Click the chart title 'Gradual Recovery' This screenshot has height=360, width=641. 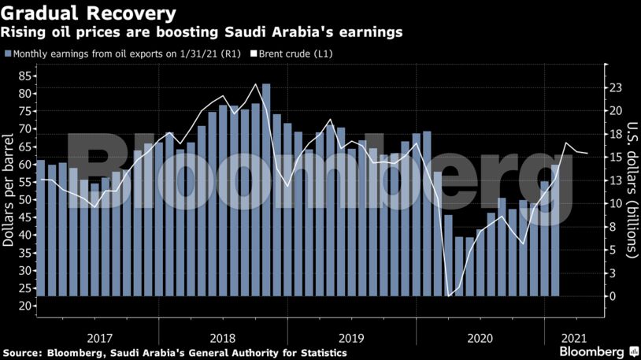[x=87, y=13]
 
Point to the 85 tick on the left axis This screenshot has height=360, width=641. [x=24, y=76]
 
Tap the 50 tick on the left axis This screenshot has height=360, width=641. [x=24, y=199]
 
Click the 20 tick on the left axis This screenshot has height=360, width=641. [x=24, y=306]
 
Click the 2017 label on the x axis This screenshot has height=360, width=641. [x=98, y=338]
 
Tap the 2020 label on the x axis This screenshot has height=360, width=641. [x=480, y=338]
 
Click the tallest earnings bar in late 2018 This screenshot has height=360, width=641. [x=266, y=189]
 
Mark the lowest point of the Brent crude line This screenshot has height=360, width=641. [x=449, y=295]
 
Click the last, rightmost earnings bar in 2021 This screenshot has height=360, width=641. [x=555, y=228]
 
